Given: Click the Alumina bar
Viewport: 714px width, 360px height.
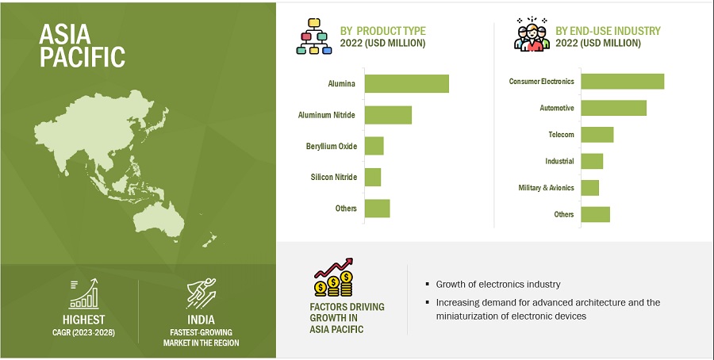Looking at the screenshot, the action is (x=407, y=84).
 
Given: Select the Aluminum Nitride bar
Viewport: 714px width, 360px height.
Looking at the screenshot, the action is (x=388, y=115).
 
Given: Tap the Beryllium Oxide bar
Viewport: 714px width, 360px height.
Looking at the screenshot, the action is (x=374, y=146).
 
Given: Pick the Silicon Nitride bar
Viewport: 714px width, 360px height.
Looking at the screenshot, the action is (x=373, y=177).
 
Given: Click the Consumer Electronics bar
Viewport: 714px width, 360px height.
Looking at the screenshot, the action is (x=623, y=82).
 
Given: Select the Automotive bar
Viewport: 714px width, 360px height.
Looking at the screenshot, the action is (x=613, y=108).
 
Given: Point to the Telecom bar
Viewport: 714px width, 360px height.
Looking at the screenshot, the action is (x=597, y=135).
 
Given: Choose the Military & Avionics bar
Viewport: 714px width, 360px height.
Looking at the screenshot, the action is (x=589, y=187).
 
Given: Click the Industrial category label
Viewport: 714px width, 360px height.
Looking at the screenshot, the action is (x=559, y=161).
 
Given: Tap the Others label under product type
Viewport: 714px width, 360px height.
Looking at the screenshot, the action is (x=346, y=209).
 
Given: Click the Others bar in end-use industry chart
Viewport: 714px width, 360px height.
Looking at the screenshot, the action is (x=595, y=214).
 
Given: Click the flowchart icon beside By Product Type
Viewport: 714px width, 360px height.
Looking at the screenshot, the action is (x=313, y=36).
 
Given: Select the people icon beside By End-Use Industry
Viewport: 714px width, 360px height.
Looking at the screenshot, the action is (x=532, y=34).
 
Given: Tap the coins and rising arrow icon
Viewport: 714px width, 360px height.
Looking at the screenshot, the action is (x=334, y=278).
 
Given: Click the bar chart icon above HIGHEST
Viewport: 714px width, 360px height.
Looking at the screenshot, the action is (x=84, y=293).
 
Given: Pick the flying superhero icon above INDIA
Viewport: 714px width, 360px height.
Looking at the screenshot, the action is (x=201, y=293).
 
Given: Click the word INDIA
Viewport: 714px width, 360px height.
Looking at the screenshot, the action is (x=201, y=320).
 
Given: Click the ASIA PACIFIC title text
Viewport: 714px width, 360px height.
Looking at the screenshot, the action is (x=82, y=45).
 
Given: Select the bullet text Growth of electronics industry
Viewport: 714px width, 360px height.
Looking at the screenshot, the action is (x=498, y=285).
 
